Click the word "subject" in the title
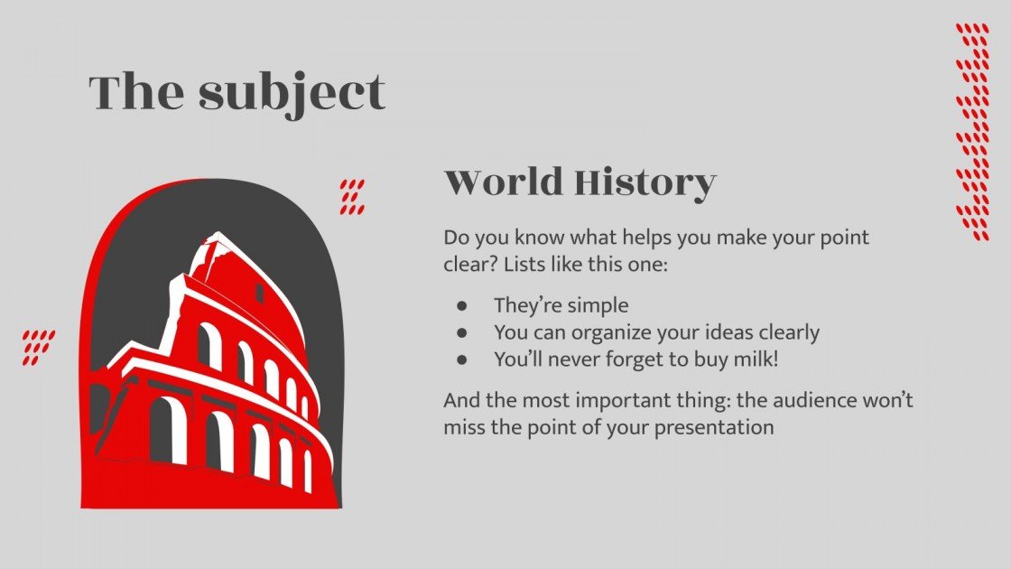[x=292, y=93]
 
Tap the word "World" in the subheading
[x=501, y=182]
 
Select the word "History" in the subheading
[x=645, y=182]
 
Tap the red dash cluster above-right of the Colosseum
[x=352, y=197]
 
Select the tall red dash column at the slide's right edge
[x=972, y=132]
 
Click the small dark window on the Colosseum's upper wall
[x=259, y=293]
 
